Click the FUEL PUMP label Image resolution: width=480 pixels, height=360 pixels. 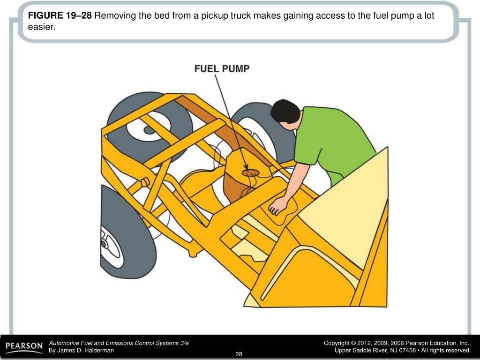(222, 68)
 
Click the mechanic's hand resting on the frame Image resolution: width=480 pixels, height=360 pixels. (278, 205)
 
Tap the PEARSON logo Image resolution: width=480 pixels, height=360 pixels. (24, 347)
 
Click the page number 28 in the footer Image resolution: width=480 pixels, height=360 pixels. (239, 354)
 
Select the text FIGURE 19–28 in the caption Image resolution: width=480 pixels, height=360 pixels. (60, 15)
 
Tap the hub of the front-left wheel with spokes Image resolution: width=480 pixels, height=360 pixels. (105, 244)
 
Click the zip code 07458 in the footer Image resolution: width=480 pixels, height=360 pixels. (407, 350)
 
